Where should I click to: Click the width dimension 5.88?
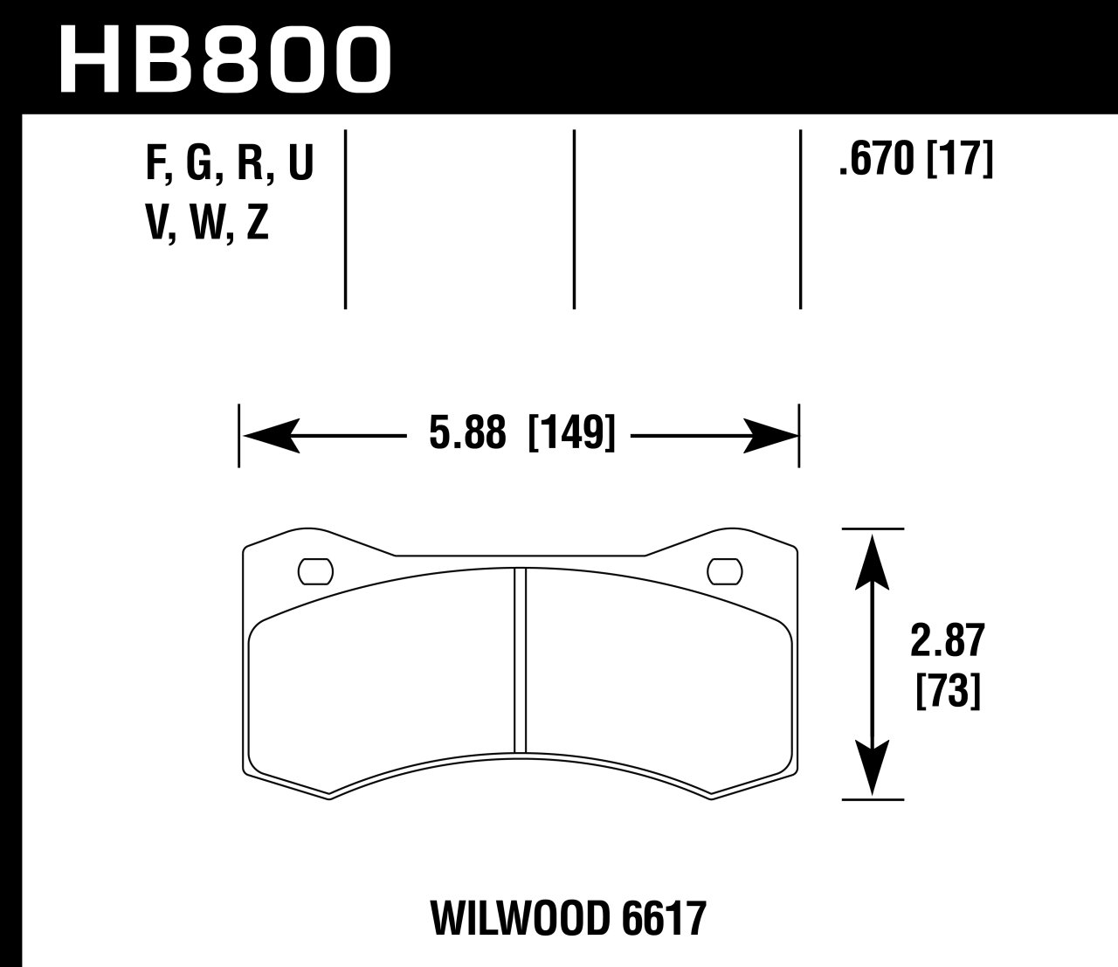pyautogui.click(x=467, y=434)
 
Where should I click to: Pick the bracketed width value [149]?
pyautogui.click(x=572, y=434)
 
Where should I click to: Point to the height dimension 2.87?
pyautogui.click(x=947, y=643)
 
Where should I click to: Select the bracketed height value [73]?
pyautogui.click(x=947, y=694)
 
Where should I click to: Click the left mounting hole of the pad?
pyautogui.click(x=315, y=571)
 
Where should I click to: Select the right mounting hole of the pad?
pyautogui.click(x=724, y=571)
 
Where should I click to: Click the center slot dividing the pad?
pyautogui.click(x=521, y=660)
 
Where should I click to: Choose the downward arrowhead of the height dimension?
pyautogui.click(x=873, y=769)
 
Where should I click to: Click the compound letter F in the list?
pyautogui.click(x=155, y=163)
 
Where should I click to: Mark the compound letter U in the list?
pyautogui.click(x=299, y=163)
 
